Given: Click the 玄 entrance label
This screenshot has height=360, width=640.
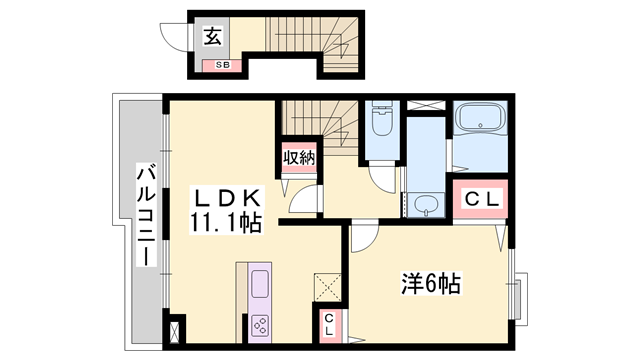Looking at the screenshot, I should tap(213, 37).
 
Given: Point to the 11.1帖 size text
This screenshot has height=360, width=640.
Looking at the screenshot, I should tap(224, 222).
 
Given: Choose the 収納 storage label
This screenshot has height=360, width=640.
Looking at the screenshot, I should tap(298, 157).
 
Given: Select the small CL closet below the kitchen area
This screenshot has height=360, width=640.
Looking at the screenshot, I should tap(328, 324).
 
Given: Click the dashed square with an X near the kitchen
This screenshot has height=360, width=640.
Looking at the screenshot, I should tap(326, 287).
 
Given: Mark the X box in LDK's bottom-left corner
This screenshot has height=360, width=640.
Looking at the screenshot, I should tap(177, 331).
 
